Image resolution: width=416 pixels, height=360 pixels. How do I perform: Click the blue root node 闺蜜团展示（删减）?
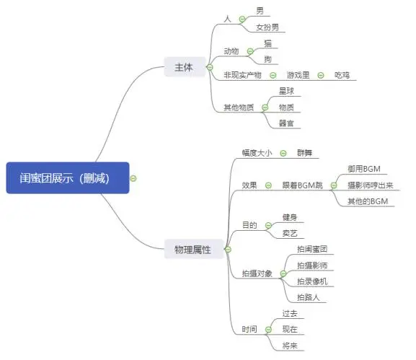tap(67, 177)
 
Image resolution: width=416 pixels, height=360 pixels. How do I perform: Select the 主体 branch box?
tap(183, 68)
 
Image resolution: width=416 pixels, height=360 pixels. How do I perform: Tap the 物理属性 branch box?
tap(192, 250)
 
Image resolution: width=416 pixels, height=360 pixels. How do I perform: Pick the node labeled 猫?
tap(268, 44)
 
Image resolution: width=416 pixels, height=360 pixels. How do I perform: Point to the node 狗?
tap(268, 58)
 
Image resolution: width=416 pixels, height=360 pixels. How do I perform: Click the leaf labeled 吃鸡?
tap(342, 75)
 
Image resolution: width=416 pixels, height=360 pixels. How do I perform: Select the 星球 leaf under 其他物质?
tap(286, 92)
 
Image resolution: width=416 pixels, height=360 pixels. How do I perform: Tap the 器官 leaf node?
tap(286, 123)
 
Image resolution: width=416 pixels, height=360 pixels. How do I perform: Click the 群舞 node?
tap(305, 153)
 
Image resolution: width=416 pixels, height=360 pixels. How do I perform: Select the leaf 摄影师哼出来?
tap(370, 185)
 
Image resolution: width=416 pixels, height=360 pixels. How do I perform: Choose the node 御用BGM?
tap(363, 170)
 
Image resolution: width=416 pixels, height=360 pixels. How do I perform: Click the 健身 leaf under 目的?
tap(289, 217)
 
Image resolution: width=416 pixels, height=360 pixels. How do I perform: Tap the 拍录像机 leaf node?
tap(311, 281)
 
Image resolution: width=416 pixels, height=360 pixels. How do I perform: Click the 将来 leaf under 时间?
tap(290, 345)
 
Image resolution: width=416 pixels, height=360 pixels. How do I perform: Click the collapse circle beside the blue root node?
tap(133, 177)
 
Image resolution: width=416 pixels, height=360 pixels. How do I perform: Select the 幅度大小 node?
tap(257, 153)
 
